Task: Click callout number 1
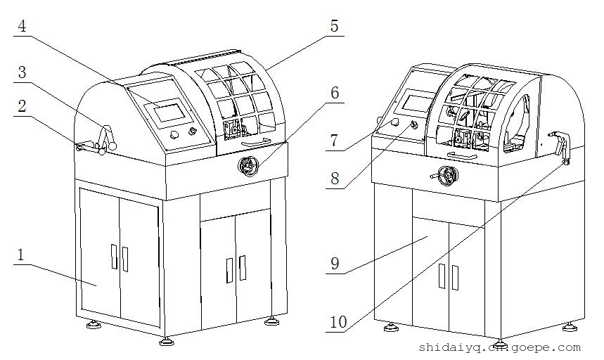(x=20, y=255)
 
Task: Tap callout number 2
(x=22, y=106)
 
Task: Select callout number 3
(x=22, y=72)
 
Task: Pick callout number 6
(x=334, y=93)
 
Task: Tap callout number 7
(x=334, y=141)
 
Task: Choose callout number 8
(x=334, y=178)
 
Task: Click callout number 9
(x=335, y=264)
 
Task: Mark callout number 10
(x=338, y=322)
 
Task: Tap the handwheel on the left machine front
(x=248, y=166)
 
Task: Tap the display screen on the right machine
(x=415, y=103)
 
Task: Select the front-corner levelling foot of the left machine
(x=166, y=341)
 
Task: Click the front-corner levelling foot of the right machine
(x=499, y=344)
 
